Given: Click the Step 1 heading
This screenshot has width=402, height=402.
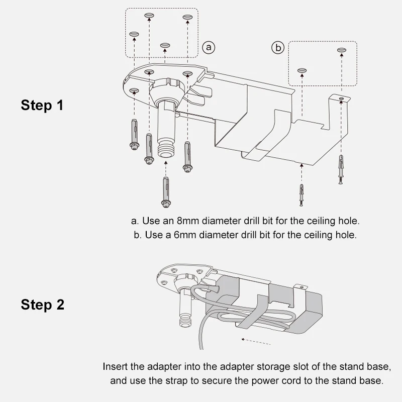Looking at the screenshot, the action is (42, 106).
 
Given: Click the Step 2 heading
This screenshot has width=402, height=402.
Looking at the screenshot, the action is (42, 305).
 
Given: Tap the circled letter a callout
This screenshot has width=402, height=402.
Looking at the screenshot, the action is (209, 47).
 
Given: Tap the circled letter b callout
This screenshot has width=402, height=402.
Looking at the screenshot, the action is (278, 48).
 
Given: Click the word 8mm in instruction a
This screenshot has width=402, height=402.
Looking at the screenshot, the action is (187, 221).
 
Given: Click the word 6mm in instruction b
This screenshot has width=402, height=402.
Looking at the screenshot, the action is (185, 235).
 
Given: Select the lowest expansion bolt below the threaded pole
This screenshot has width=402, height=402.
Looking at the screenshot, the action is (166, 192).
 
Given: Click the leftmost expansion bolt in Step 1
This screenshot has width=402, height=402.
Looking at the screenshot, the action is (134, 134).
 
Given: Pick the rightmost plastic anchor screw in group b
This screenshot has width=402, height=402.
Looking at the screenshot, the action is (341, 169).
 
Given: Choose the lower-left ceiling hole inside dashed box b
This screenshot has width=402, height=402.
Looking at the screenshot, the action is (302, 70).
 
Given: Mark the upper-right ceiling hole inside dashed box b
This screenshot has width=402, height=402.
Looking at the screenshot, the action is (342, 50).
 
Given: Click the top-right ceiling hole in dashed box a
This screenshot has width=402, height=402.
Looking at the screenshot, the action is (187, 17).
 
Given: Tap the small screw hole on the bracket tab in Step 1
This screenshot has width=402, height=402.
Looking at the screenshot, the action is (341, 98).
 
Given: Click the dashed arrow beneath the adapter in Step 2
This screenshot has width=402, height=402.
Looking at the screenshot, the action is (256, 342).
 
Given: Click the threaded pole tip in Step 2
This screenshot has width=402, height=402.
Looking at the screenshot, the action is (185, 321).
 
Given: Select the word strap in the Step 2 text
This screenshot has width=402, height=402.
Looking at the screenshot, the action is (177, 381).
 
